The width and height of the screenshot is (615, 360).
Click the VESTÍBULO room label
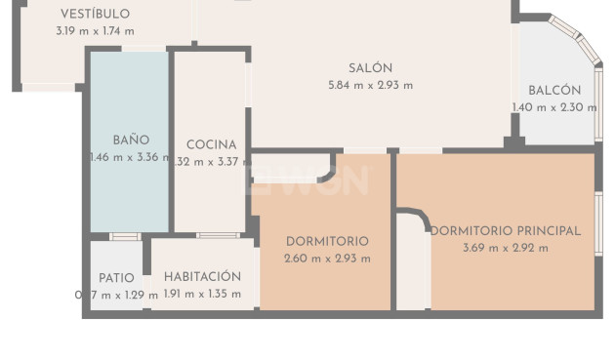(x=95, y=15)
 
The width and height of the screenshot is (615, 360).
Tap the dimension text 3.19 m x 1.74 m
(x=95, y=31)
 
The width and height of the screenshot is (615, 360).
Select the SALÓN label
(x=370, y=68)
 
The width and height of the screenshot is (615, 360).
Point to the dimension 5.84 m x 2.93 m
(x=370, y=85)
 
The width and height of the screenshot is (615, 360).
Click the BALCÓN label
(x=554, y=91)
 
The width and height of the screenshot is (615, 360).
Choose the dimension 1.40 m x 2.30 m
(x=553, y=107)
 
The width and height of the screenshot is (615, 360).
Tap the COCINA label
(x=211, y=145)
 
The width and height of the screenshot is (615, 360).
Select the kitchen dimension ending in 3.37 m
(x=211, y=162)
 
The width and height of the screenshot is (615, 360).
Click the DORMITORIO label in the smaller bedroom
(x=327, y=242)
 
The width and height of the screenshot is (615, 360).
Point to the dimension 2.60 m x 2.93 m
(x=327, y=259)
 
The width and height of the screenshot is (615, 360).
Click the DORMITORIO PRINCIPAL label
(x=506, y=231)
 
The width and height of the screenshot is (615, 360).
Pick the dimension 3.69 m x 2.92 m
(x=505, y=248)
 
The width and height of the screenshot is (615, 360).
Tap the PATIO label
(x=117, y=277)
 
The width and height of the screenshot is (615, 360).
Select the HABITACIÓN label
(x=202, y=277)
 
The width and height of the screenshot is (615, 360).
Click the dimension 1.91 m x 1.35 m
(x=202, y=294)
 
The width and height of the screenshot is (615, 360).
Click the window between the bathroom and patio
(x=124, y=236)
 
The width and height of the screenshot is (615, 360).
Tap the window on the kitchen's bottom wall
(x=218, y=235)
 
